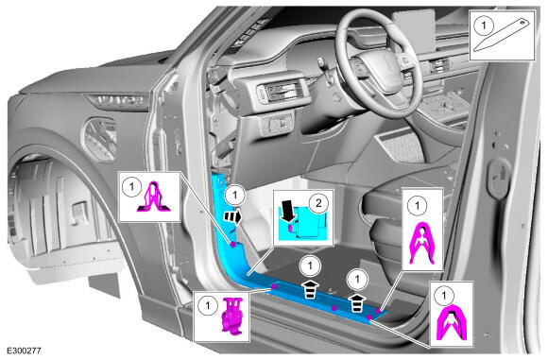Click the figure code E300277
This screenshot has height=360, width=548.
click(24, 351)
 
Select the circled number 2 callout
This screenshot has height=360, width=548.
click(318, 202)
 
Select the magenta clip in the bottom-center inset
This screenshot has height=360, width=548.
click(231, 315)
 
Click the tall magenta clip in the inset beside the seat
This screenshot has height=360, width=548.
click(422, 243)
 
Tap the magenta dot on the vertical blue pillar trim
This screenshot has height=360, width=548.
click(233, 245)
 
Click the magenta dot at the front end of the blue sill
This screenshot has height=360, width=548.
click(274, 286)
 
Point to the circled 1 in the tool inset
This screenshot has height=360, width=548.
click(484, 26)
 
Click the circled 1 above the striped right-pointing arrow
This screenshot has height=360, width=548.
click(235, 195)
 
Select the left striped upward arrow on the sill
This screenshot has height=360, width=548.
click(311, 288)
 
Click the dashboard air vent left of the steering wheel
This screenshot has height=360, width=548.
click(282, 92)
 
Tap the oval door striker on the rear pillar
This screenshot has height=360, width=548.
click(500, 177)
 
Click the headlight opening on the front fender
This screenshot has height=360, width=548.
click(99, 140)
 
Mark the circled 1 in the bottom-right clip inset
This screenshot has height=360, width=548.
click(444, 296)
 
